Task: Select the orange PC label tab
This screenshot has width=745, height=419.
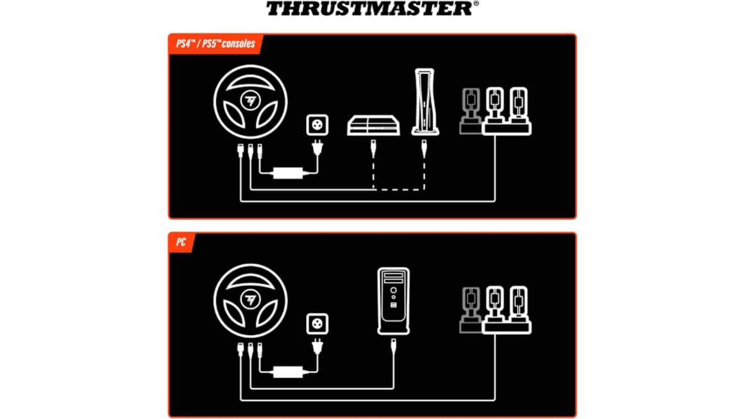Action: (181, 242)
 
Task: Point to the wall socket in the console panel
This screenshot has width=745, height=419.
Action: (317, 124)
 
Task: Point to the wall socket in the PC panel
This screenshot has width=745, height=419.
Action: (317, 323)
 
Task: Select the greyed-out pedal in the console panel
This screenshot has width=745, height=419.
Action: (471, 109)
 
